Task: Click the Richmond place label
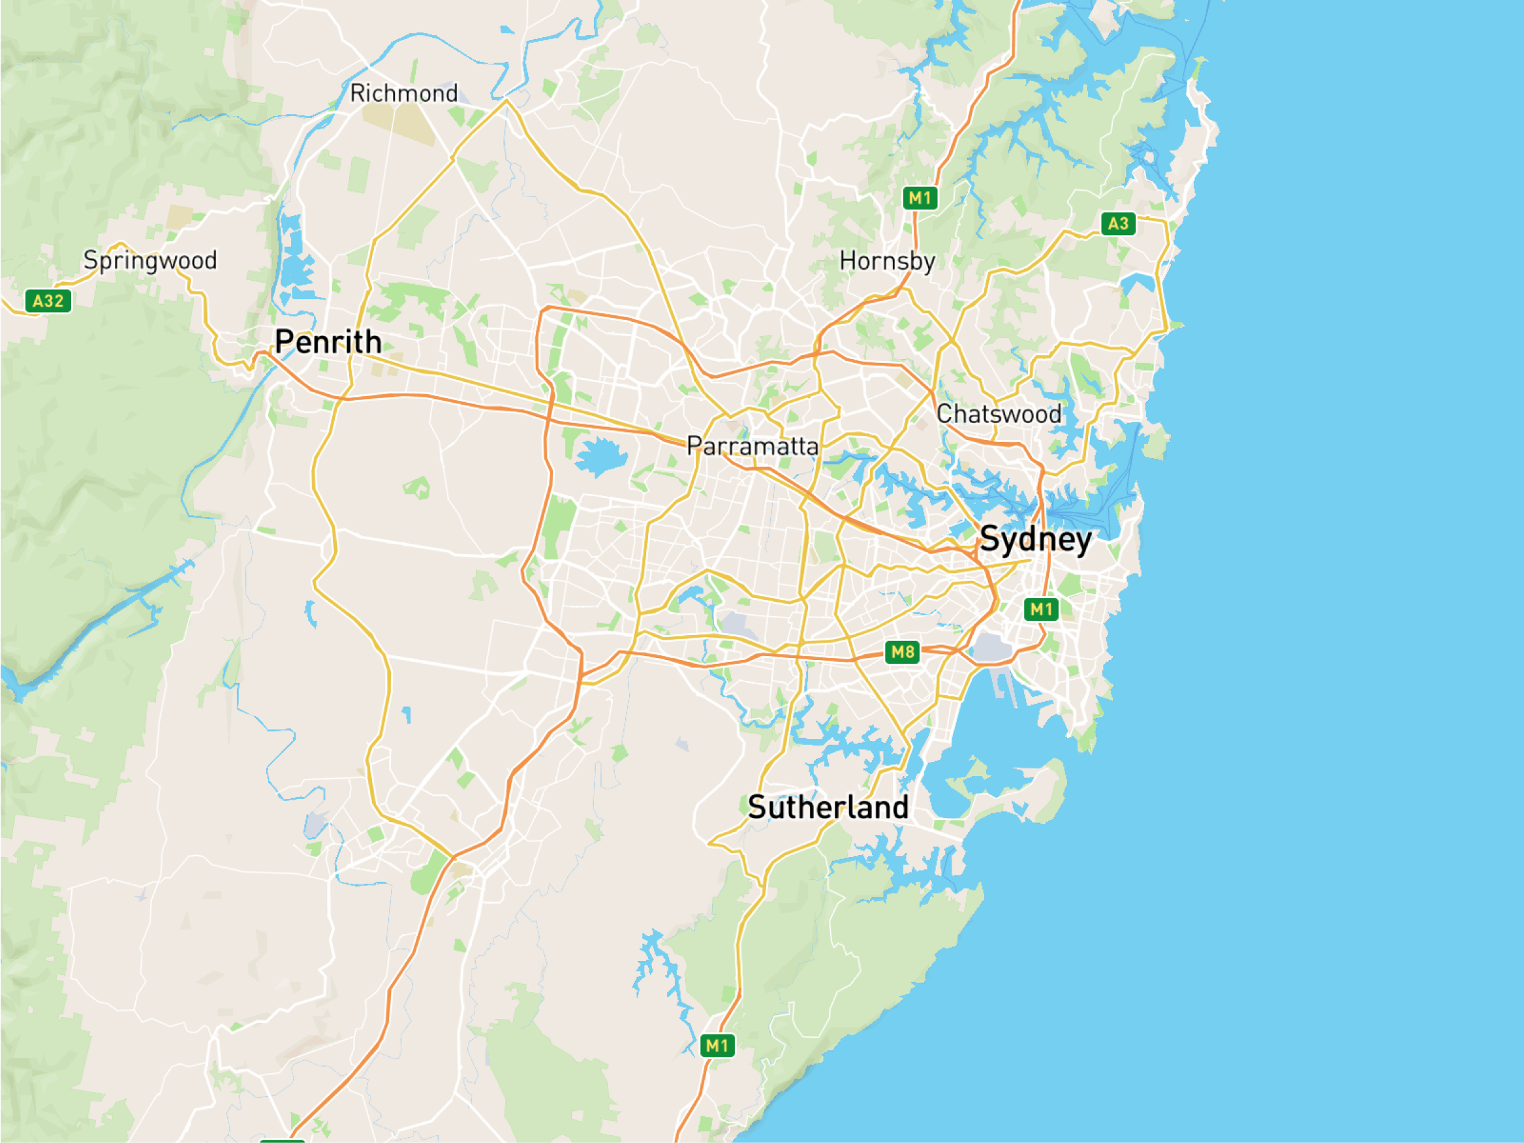(404, 93)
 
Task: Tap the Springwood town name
(150, 260)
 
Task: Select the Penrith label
(328, 343)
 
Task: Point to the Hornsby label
(888, 261)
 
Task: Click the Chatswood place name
(999, 414)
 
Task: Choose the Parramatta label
(753, 446)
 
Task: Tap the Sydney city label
(1036, 539)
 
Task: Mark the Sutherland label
(828, 807)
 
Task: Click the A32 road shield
(48, 301)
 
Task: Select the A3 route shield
(1117, 223)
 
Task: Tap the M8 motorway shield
(903, 651)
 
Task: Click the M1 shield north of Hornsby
(920, 198)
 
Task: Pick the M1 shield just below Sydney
(1041, 609)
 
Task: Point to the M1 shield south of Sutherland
(717, 1046)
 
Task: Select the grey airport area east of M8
(992, 648)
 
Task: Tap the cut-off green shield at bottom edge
(283, 1140)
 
